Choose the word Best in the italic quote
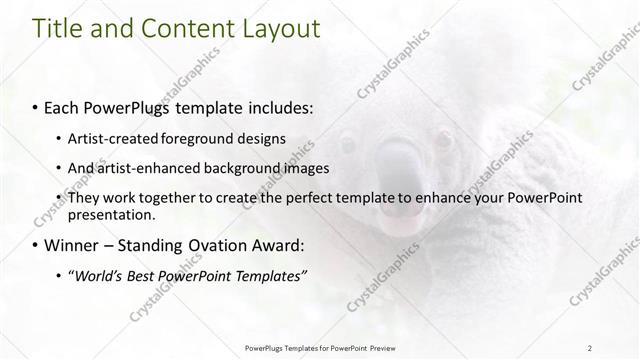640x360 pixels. point(150,276)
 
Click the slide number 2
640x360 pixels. point(590,347)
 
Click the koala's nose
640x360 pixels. point(394,166)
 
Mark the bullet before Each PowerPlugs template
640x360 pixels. point(36,106)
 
